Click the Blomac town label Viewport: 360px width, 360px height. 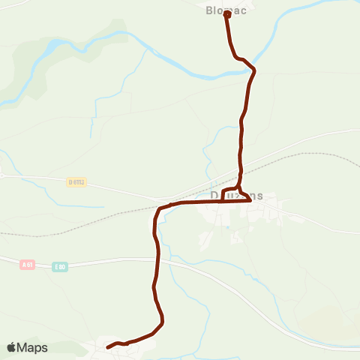point(226,10)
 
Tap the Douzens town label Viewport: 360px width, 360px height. point(236,195)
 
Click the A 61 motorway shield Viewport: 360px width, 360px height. point(28,264)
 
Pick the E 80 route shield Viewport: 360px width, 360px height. point(60,267)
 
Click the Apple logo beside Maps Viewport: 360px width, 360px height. point(11,347)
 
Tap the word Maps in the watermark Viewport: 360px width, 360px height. point(32,347)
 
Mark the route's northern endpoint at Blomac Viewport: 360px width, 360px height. point(226,13)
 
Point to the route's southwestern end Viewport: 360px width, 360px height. point(108,346)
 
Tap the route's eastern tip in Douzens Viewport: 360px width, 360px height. point(249,200)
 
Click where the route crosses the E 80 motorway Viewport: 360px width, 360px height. point(157,259)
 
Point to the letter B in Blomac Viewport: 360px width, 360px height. point(209,10)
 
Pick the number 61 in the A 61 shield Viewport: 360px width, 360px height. point(30,264)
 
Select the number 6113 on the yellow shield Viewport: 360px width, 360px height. point(79,181)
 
